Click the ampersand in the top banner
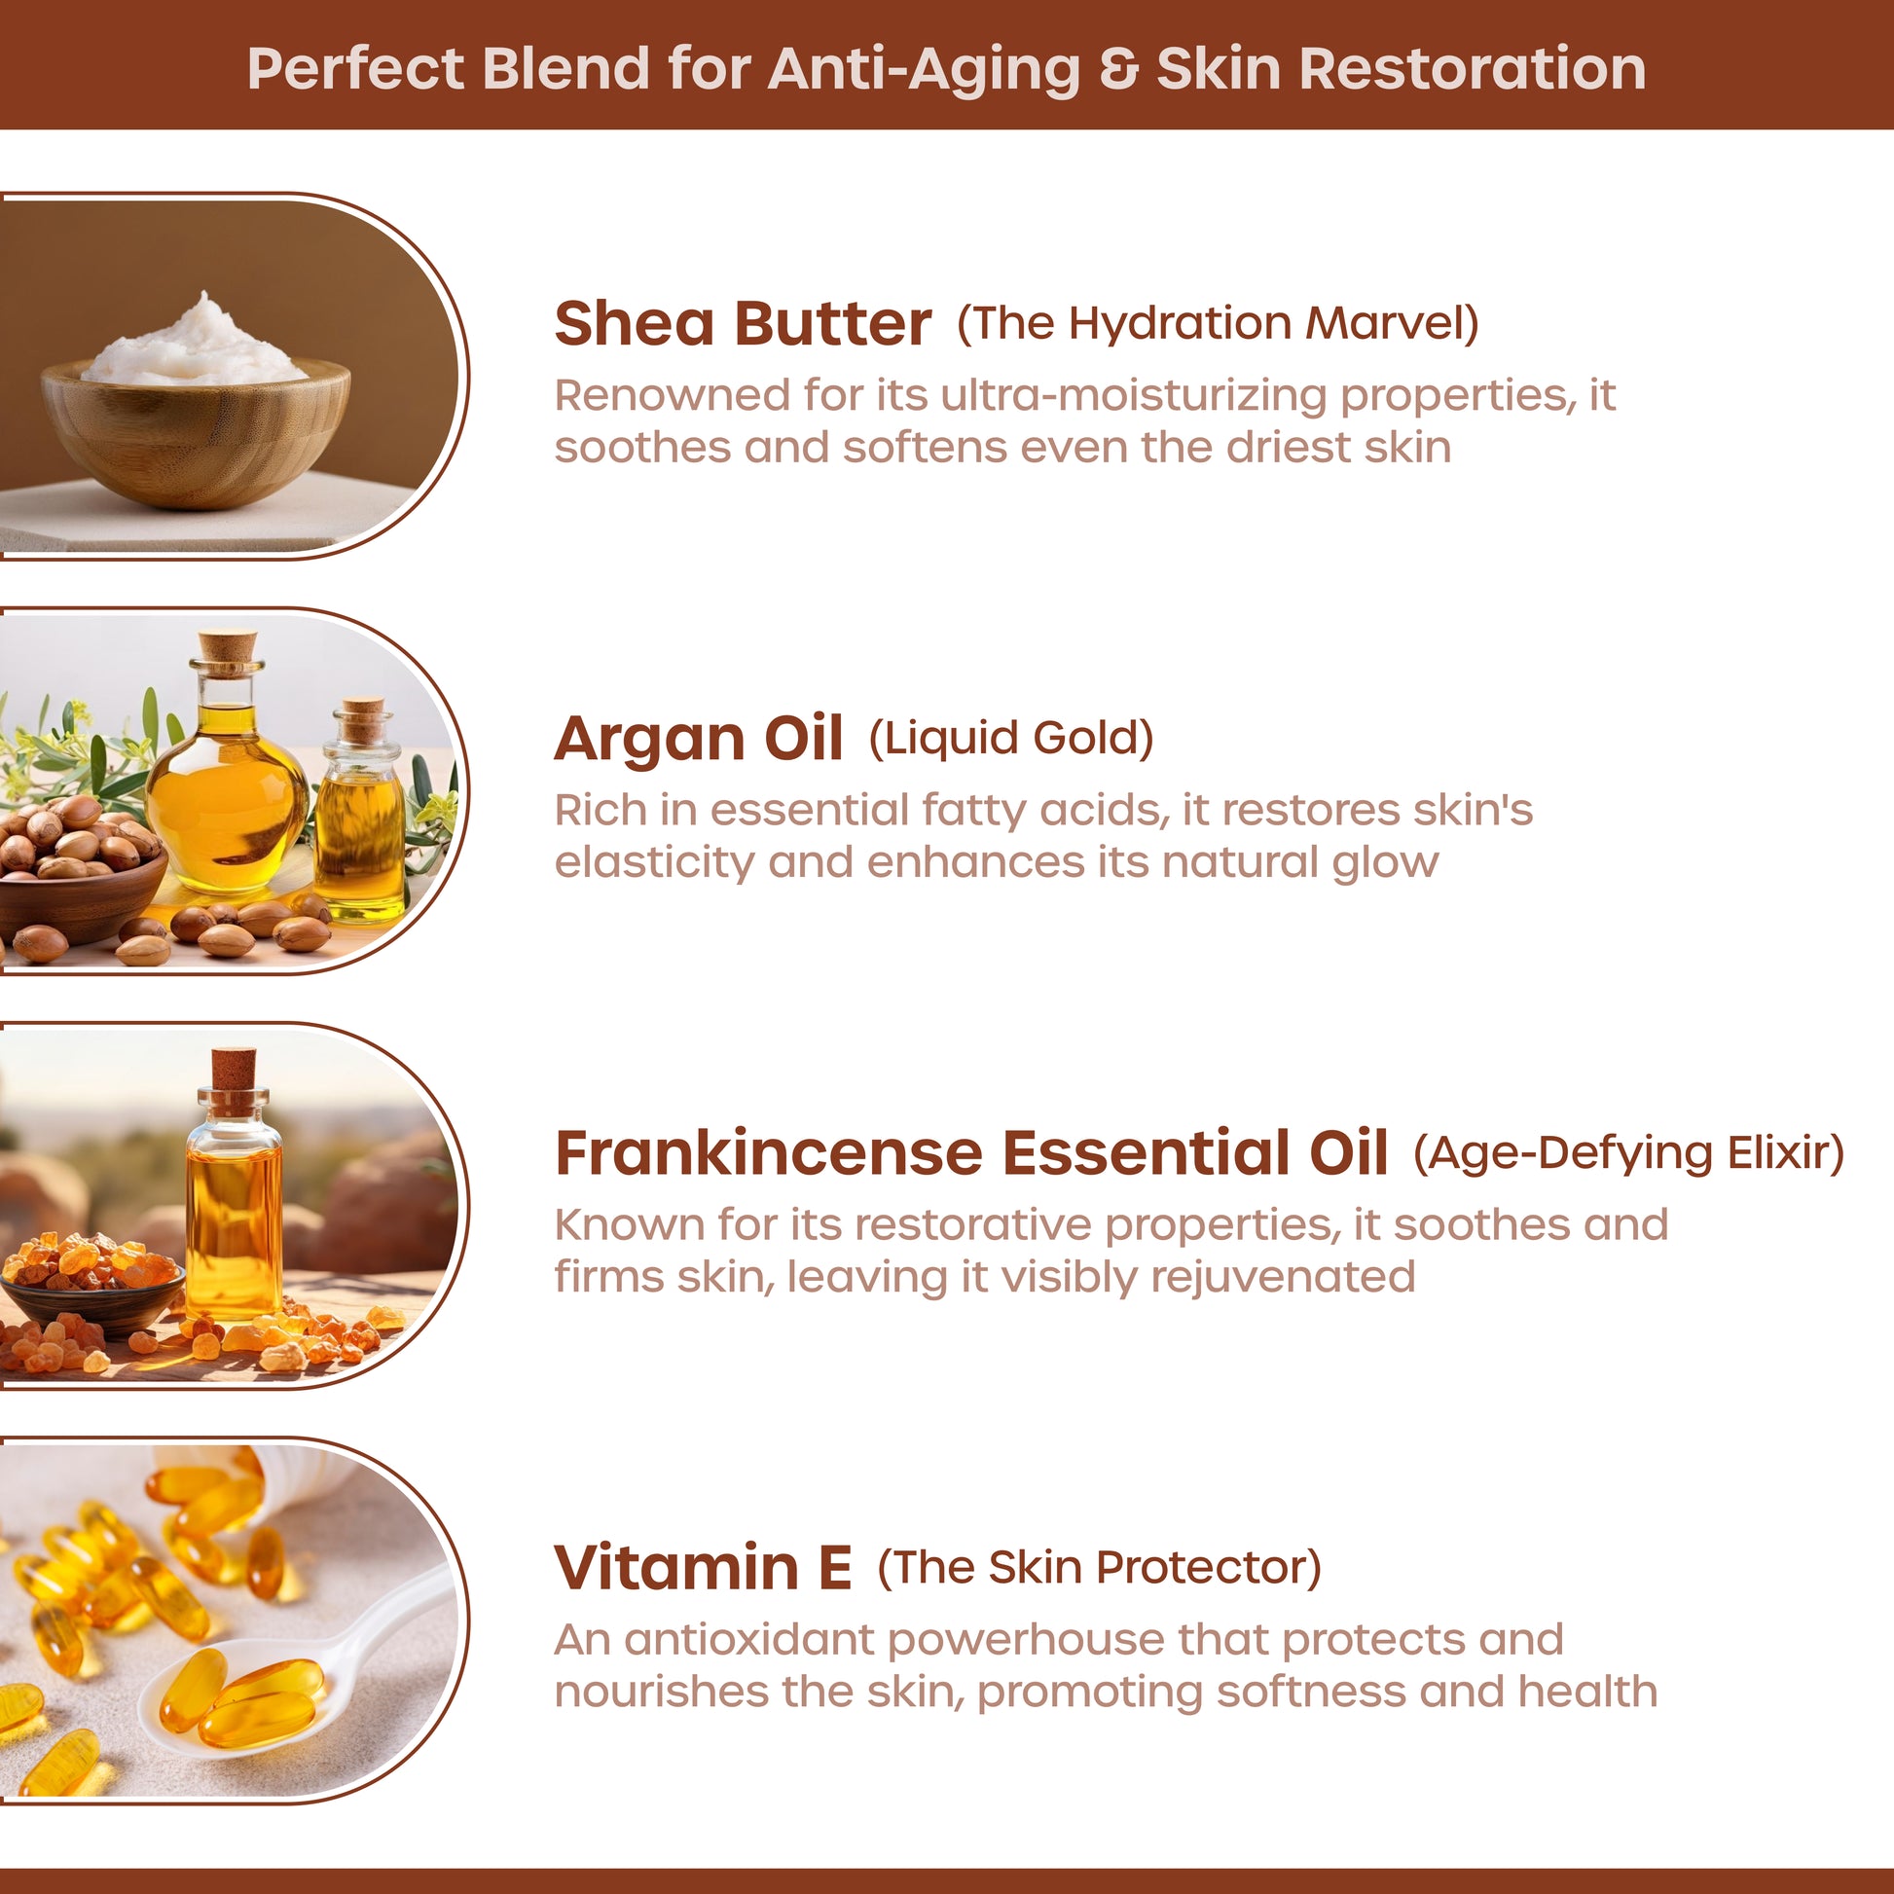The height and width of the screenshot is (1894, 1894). point(1118,70)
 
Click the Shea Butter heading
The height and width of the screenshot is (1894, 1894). point(742,323)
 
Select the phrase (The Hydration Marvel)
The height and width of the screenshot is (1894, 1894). point(1218,323)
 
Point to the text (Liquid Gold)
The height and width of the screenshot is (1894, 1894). point(1010,738)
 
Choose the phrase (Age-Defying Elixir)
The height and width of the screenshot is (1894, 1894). point(1628,1153)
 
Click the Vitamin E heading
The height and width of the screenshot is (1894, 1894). point(702,1567)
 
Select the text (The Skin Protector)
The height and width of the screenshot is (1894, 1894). point(1099,1568)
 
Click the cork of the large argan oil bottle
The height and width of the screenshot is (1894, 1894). point(229,648)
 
